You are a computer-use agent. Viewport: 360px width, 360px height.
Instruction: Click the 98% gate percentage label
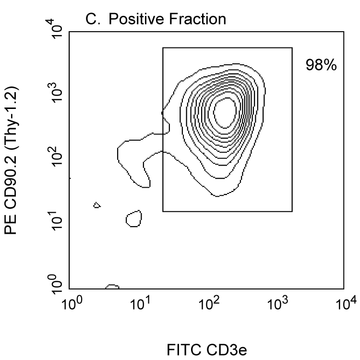(x=322, y=65)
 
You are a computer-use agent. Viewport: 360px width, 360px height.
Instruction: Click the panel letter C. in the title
(x=92, y=20)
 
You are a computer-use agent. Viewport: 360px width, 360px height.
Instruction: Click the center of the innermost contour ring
(x=225, y=112)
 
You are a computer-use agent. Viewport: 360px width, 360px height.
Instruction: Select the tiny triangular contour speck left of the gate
(x=97, y=205)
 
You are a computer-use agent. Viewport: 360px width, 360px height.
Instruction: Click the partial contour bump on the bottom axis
(x=112, y=287)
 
